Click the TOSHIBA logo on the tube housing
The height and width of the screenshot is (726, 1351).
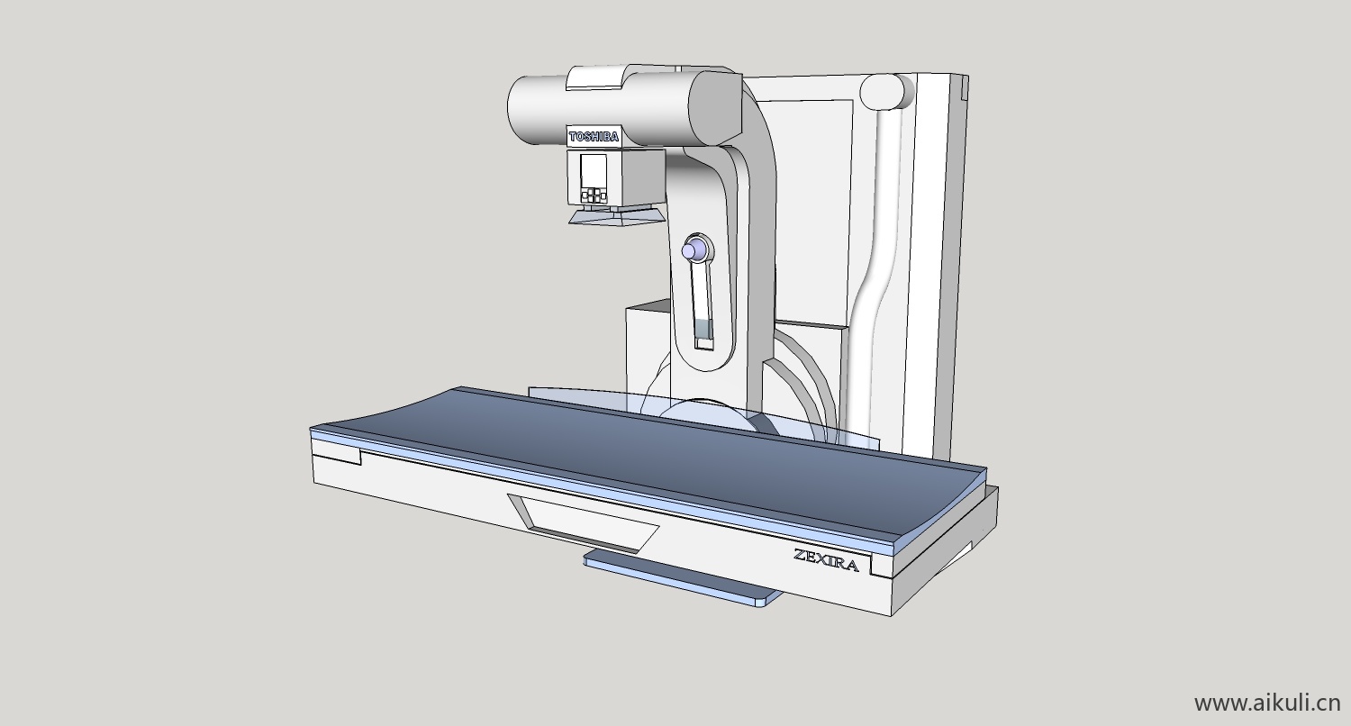point(594,137)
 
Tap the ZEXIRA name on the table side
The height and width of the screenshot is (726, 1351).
point(826,559)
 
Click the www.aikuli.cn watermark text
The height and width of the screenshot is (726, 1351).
point(1266,703)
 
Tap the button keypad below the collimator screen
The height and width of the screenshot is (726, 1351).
point(594,195)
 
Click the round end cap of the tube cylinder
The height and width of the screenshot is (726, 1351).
point(715,108)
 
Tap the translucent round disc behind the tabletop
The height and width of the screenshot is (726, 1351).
point(707,409)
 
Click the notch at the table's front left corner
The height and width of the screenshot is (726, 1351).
point(337,454)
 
